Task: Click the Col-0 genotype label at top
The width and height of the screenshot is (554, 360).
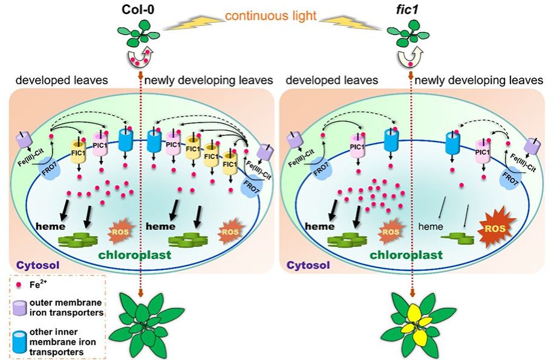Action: click(140, 10)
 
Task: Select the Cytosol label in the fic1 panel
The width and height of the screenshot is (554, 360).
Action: click(307, 264)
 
